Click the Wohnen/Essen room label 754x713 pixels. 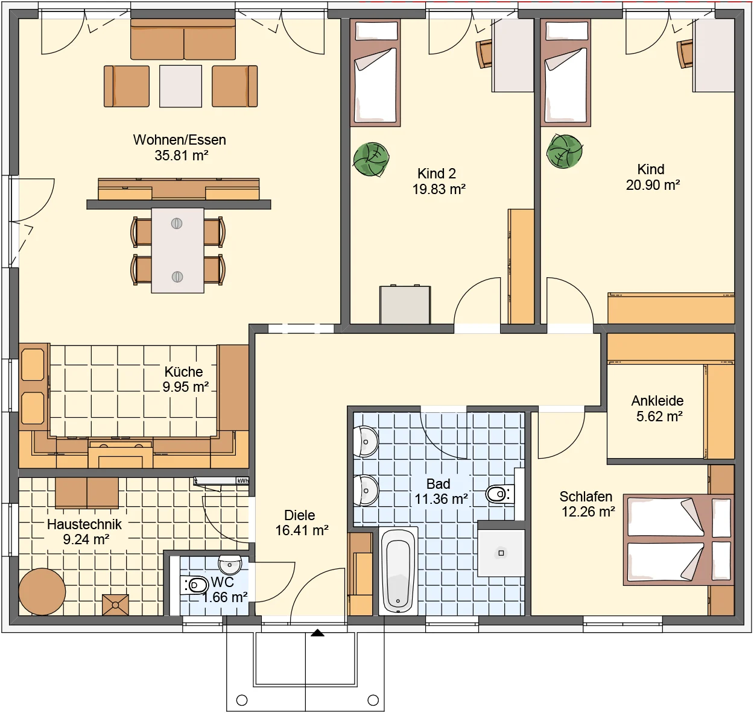tap(180, 140)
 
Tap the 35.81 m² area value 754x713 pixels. tap(181, 155)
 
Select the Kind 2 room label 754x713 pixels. tap(437, 174)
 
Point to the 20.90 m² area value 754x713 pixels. tap(653, 185)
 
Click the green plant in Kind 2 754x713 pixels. tap(371, 159)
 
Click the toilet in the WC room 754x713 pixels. tap(194, 585)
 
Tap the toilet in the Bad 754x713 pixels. tap(499, 494)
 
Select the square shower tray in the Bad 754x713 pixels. tap(501, 553)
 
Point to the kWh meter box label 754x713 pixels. tap(242, 481)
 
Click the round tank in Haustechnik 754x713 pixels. tap(42, 591)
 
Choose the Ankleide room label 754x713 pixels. tap(657, 401)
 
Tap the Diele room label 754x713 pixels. tap(300, 515)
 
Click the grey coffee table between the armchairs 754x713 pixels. tap(180, 86)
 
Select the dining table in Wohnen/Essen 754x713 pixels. tap(177, 251)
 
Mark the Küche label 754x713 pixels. tap(184, 372)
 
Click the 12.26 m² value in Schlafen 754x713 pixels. tap(588, 512)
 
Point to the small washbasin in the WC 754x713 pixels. tap(230, 565)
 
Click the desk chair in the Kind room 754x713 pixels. tap(685, 54)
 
